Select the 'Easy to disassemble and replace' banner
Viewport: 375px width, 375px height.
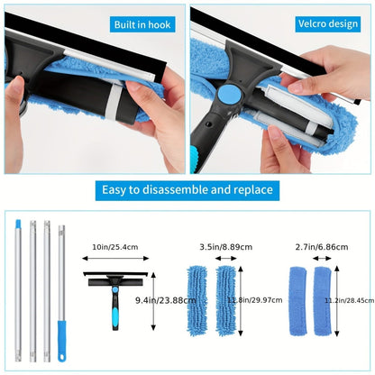pyautogui.click(x=187, y=190)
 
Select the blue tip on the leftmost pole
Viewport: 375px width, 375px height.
pyautogui.click(x=17, y=221)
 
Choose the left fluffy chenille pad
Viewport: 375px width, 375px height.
pyautogui.click(x=202, y=303)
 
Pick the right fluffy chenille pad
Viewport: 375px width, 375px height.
pyautogui.click(x=228, y=303)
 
